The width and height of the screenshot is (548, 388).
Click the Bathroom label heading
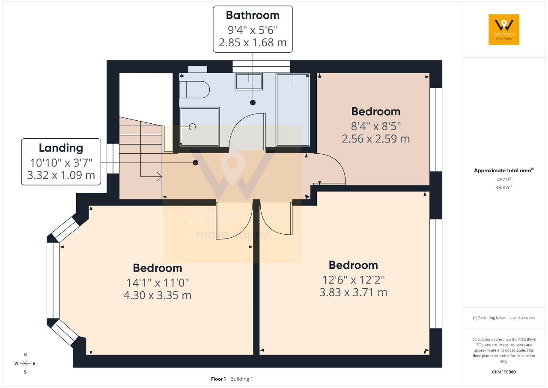(x=253, y=15)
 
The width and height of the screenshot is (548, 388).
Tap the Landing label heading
(x=61, y=148)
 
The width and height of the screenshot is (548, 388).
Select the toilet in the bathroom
(x=194, y=90)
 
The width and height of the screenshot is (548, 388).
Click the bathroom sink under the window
(x=249, y=81)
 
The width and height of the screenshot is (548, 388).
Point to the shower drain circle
(x=192, y=127)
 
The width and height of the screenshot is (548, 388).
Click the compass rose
(x=25, y=363)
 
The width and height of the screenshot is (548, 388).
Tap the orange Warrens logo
(x=504, y=30)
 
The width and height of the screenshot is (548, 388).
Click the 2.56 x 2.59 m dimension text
(x=375, y=139)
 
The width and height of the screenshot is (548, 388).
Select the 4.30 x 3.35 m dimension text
(x=157, y=295)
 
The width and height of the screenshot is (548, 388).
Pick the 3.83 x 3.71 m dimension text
(x=353, y=292)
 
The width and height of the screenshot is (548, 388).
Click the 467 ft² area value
(x=504, y=179)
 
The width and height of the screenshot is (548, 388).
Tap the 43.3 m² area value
(x=504, y=188)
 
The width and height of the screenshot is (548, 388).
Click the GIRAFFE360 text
(x=504, y=372)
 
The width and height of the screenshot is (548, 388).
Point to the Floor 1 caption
(x=218, y=379)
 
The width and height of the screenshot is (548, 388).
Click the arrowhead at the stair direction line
(x=160, y=176)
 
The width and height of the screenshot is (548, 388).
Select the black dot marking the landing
(x=195, y=162)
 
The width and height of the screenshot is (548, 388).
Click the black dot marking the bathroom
(x=253, y=102)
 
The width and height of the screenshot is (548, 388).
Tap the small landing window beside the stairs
(x=113, y=158)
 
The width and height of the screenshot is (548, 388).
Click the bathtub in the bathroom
(x=293, y=110)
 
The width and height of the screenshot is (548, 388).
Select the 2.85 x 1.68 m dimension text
(x=253, y=42)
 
